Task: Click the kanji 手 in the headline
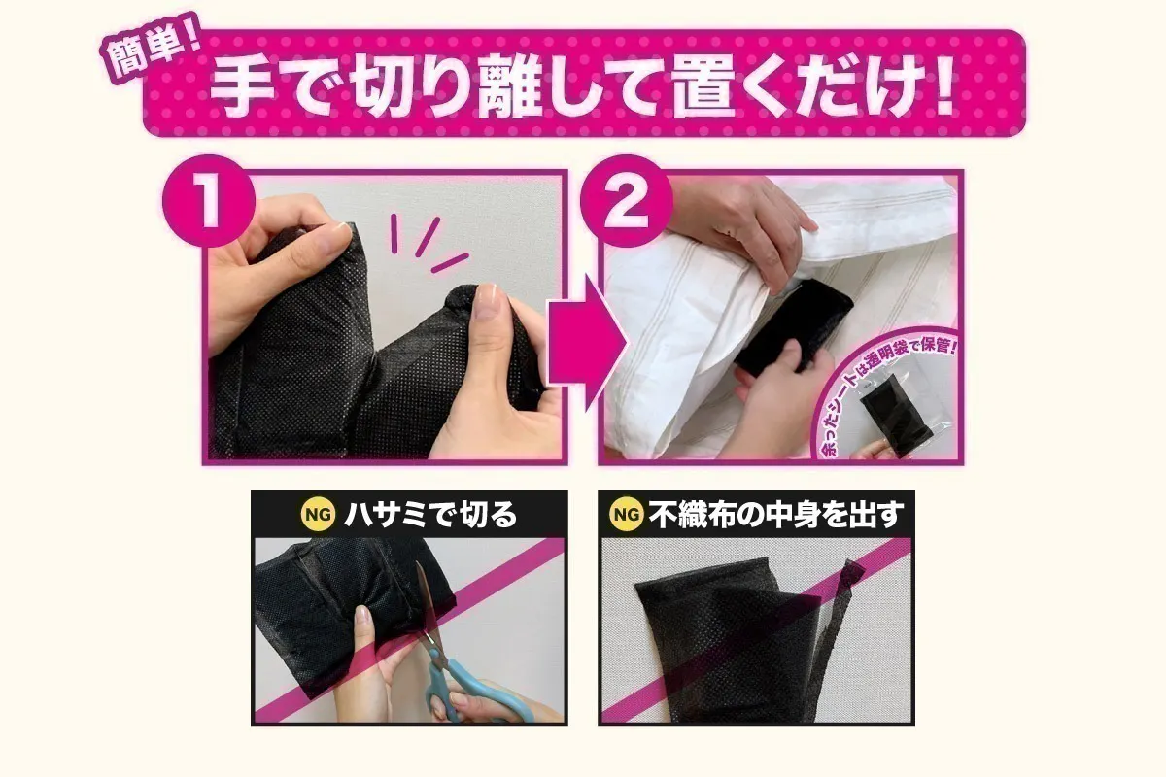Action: pyautogui.click(x=239, y=88)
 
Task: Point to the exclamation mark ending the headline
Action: pyautogui.click(x=936, y=88)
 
